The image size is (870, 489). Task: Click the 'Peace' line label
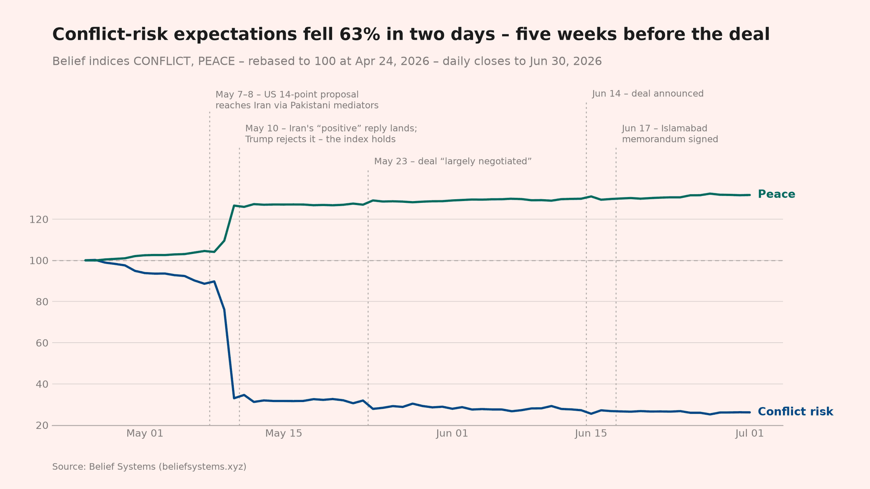(x=776, y=194)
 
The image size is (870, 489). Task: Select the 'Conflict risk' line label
(x=795, y=412)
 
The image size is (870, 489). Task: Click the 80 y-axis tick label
(x=42, y=302)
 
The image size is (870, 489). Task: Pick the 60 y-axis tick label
(x=42, y=343)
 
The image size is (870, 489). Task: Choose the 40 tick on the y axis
(x=42, y=384)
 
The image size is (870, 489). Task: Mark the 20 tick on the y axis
(x=42, y=426)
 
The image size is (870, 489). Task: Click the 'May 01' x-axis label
(x=145, y=433)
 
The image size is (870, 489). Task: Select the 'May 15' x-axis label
(x=284, y=433)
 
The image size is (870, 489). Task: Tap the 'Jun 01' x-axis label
(x=452, y=433)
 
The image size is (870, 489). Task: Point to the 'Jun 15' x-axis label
(x=591, y=433)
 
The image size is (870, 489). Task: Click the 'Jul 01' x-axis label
(x=749, y=433)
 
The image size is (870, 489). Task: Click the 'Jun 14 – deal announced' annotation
(x=648, y=94)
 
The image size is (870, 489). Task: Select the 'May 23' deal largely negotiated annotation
(x=453, y=161)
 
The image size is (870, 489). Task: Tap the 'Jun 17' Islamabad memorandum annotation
(x=670, y=134)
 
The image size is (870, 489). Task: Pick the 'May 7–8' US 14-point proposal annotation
(x=297, y=100)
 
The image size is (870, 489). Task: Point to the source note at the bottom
(x=149, y=467)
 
